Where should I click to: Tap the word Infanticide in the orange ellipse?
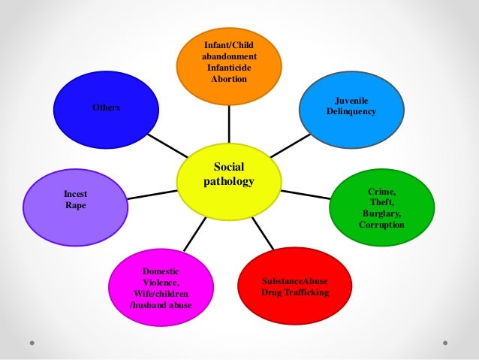[229, 68]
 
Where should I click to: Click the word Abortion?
[229, 79]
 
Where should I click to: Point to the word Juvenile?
[351, 100]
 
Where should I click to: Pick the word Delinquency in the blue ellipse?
[351, 111]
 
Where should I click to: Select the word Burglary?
[381, 213]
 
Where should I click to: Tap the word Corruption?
[381, 225]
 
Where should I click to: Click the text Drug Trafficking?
[294, 292]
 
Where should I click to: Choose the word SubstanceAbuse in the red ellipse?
[294, 280]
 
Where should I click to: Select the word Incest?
[75, 193]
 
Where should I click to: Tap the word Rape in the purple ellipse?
[75, 204]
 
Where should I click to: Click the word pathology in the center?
[229, 181]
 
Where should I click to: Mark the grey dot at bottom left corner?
[34, 342]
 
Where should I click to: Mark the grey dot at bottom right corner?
[444, 342]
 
